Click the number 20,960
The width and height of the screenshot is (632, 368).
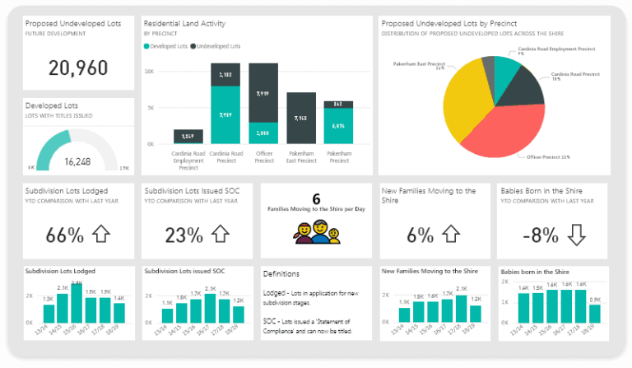[78, 68]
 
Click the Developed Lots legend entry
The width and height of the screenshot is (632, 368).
[168, 46]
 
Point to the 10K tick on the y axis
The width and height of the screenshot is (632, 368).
[149, 72]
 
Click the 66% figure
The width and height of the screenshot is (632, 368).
[65, 235]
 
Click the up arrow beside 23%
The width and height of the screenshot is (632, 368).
[219, 235]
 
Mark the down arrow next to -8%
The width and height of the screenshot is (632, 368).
[576, 235]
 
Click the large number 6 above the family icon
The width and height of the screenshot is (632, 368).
[316, 198]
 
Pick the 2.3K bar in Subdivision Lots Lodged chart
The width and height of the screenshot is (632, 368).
[77, 304]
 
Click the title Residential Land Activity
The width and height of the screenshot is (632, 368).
[184, 24]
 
